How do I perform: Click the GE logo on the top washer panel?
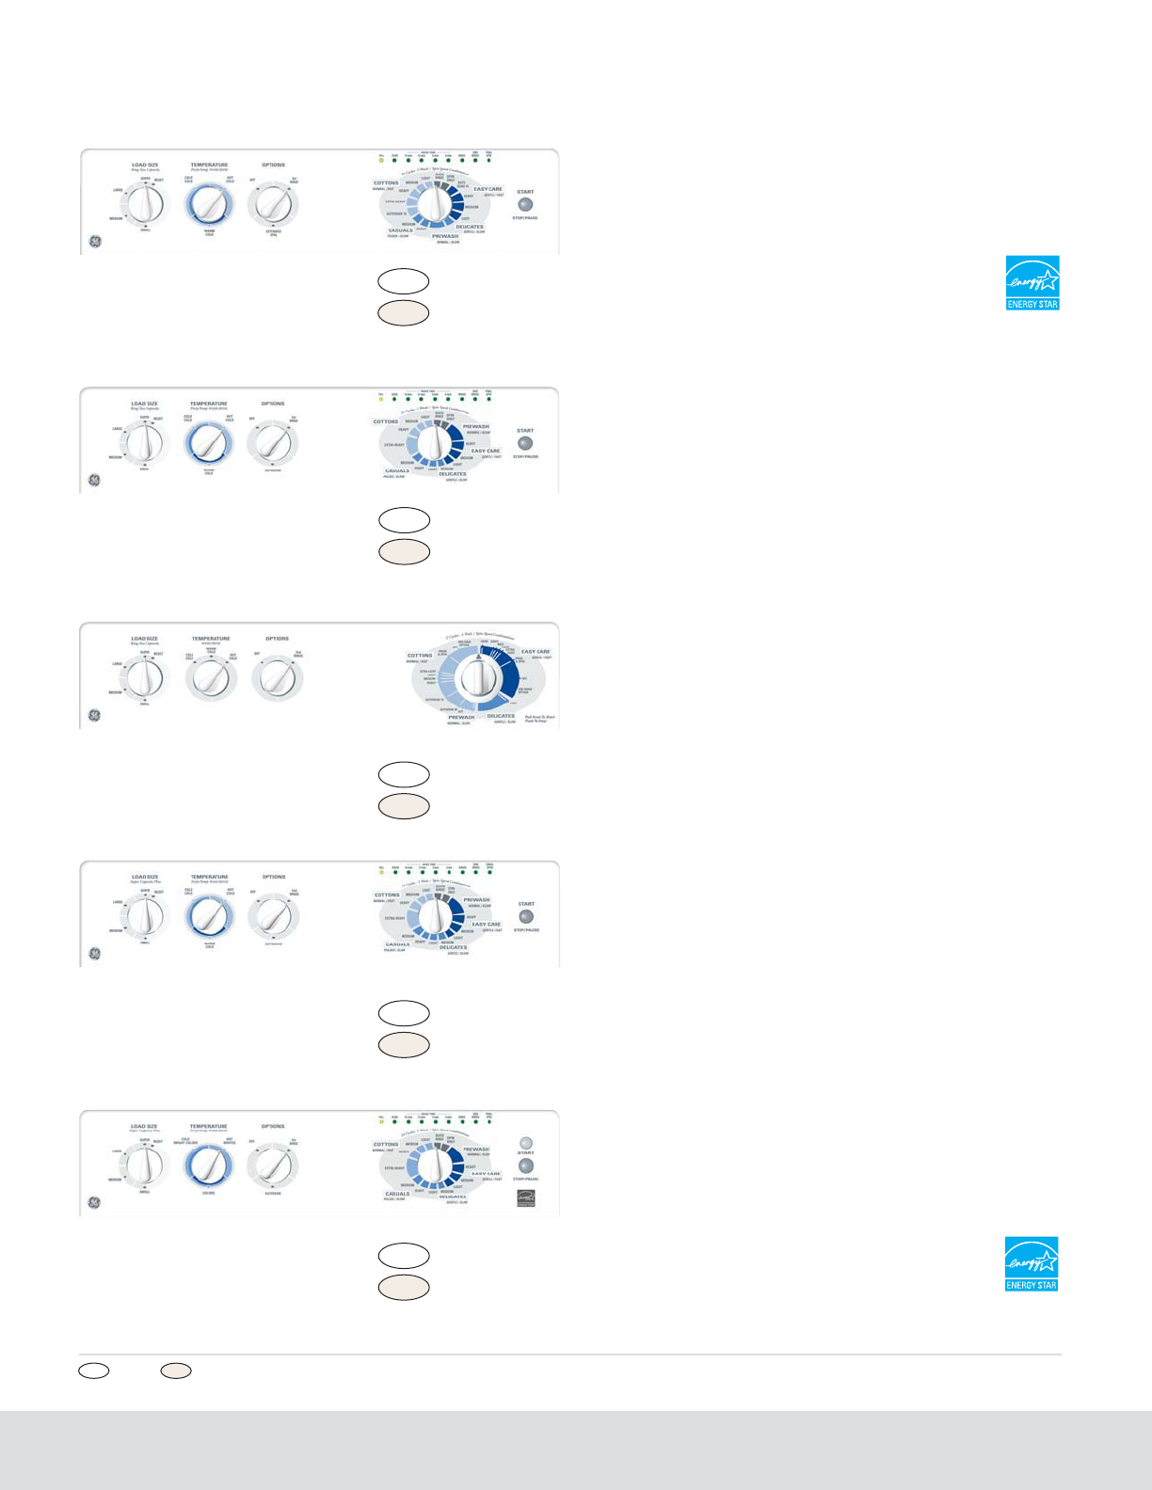(94, 242)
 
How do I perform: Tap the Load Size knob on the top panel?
(145, 202)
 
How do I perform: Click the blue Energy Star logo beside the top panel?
(1032, 282)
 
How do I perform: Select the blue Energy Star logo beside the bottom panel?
(1032, 1263)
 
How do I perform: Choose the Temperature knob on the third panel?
(211, 678)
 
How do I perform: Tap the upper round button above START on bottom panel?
(526, 1143)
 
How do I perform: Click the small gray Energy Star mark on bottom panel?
(525, 1198)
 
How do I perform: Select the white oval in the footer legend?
(94, 1371)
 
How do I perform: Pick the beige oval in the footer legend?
(176, 1371)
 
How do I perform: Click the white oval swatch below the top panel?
(404, 280)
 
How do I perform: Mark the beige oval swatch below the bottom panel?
(404, 1288)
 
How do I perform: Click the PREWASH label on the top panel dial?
(445, 236)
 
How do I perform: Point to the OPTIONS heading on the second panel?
(273, 404)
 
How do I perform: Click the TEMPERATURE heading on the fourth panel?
(209, 877)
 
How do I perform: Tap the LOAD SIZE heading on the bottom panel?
(144, 1126)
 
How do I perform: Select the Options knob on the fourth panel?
(273, 915)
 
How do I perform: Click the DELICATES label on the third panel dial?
(501, 716)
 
